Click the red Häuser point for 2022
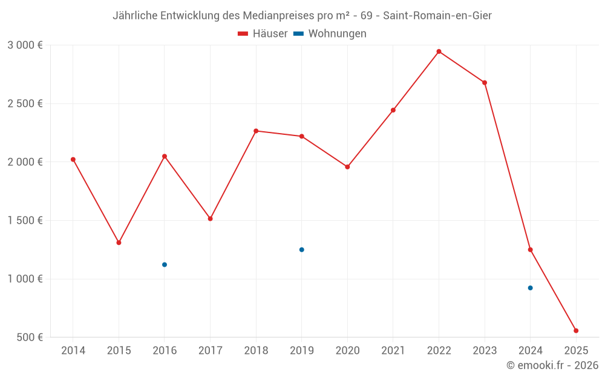[439, 51]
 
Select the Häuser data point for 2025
[576, 331]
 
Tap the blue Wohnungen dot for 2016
[165, 265]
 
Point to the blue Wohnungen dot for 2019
[301, 250]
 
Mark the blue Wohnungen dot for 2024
[530, 288]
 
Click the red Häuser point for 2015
[119, 243]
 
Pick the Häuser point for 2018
[256, 131]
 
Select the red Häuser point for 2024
[530, 250]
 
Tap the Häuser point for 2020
[347, 167]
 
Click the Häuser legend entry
[263, 34]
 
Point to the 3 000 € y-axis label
[25, 45]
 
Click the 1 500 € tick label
[25, 220]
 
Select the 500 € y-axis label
[29, 337]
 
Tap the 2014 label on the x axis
[73, 350]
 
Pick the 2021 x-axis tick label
[393, 350]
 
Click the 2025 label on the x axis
[576, 350]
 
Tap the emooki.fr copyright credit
[552, 365]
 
